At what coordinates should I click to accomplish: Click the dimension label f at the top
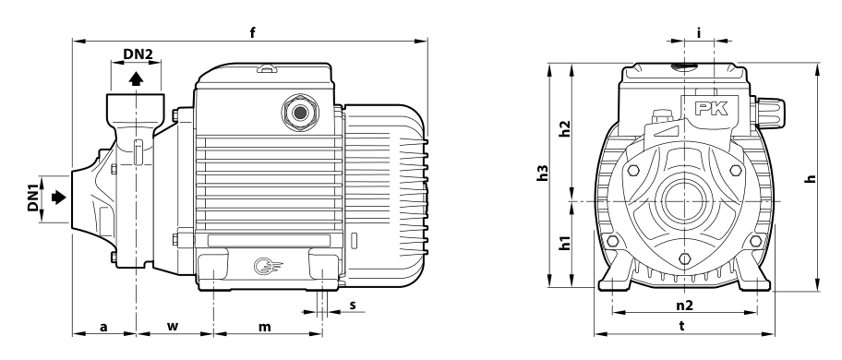252,32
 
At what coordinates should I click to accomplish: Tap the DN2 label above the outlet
138,54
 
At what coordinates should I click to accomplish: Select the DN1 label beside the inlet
33,198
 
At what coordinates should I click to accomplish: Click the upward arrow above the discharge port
137,78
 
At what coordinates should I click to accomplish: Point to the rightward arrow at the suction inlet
58,198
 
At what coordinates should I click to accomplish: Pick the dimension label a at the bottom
104,326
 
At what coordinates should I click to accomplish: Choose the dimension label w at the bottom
172,326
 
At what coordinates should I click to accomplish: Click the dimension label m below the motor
265,326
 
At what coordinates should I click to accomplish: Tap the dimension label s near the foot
353,305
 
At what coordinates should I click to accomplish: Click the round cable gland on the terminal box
300,113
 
